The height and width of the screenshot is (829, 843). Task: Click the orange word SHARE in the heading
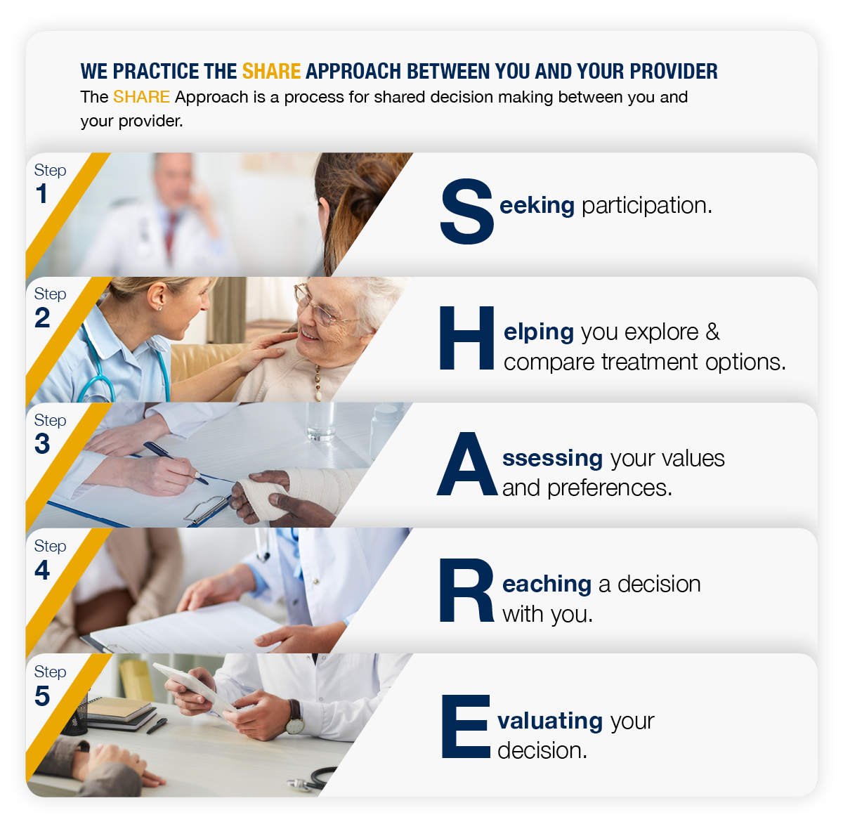(x=271, y=71)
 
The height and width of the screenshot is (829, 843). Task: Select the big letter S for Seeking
(x=466, y=211)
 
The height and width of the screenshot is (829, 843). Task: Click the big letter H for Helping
(x=466, y=337)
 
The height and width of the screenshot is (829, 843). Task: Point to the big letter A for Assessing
(x=466, y=464)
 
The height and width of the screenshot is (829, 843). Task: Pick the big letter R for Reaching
(x=466, y=589)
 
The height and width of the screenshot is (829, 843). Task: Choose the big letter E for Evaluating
(x=466, y=726)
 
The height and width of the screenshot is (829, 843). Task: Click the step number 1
(x=41, y=193)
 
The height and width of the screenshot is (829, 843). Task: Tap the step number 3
(x=42, y=443)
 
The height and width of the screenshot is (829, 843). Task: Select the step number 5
(x=42, y=696)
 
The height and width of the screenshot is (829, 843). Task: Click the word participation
(x=646, y=206)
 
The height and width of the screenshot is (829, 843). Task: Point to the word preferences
(x=609, y=488)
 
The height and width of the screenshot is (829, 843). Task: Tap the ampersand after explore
(x=712, y=332)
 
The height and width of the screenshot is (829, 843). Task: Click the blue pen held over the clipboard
(x=176, y=463)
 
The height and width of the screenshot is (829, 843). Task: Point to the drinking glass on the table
(x=320, y=421)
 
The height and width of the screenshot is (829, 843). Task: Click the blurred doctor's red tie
(x=171, y=235)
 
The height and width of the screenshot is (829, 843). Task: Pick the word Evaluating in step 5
(x=549, y=722)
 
